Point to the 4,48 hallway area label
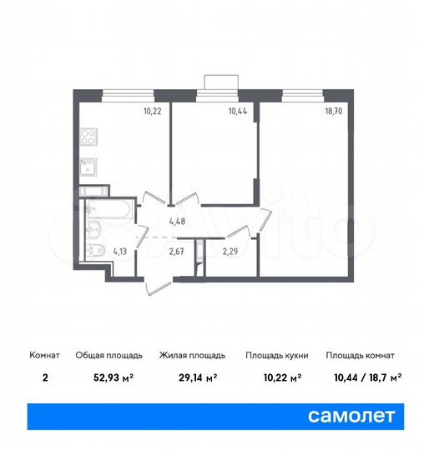(x=176, y=221)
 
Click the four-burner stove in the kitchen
(x=90, y=137)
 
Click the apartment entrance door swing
(x=159, y=282)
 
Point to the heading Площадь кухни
(x=277, y=355)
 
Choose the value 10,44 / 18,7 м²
(x=364, y=376)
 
